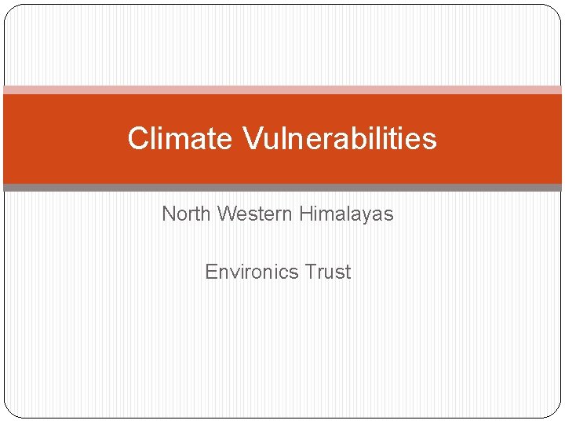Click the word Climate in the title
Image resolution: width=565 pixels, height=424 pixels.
click(x=180, y=139)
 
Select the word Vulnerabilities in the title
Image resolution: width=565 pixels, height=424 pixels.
click(x=339, y=139)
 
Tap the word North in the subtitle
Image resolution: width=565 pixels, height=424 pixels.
click(x=187, y=214)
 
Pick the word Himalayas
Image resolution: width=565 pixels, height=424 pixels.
click(x=346, y=214)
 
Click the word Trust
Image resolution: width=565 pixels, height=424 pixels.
click(x=328, y=272)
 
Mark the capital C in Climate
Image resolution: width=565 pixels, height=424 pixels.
click(x=137, y=139)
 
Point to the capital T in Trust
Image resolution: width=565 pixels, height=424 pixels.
click(x=310, y=272)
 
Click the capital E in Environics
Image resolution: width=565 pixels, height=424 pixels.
click(x=211, y=272)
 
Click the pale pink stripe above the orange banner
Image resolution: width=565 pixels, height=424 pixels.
click(x=282, y=90)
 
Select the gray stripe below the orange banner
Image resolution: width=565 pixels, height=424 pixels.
click(x=282, y=188)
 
